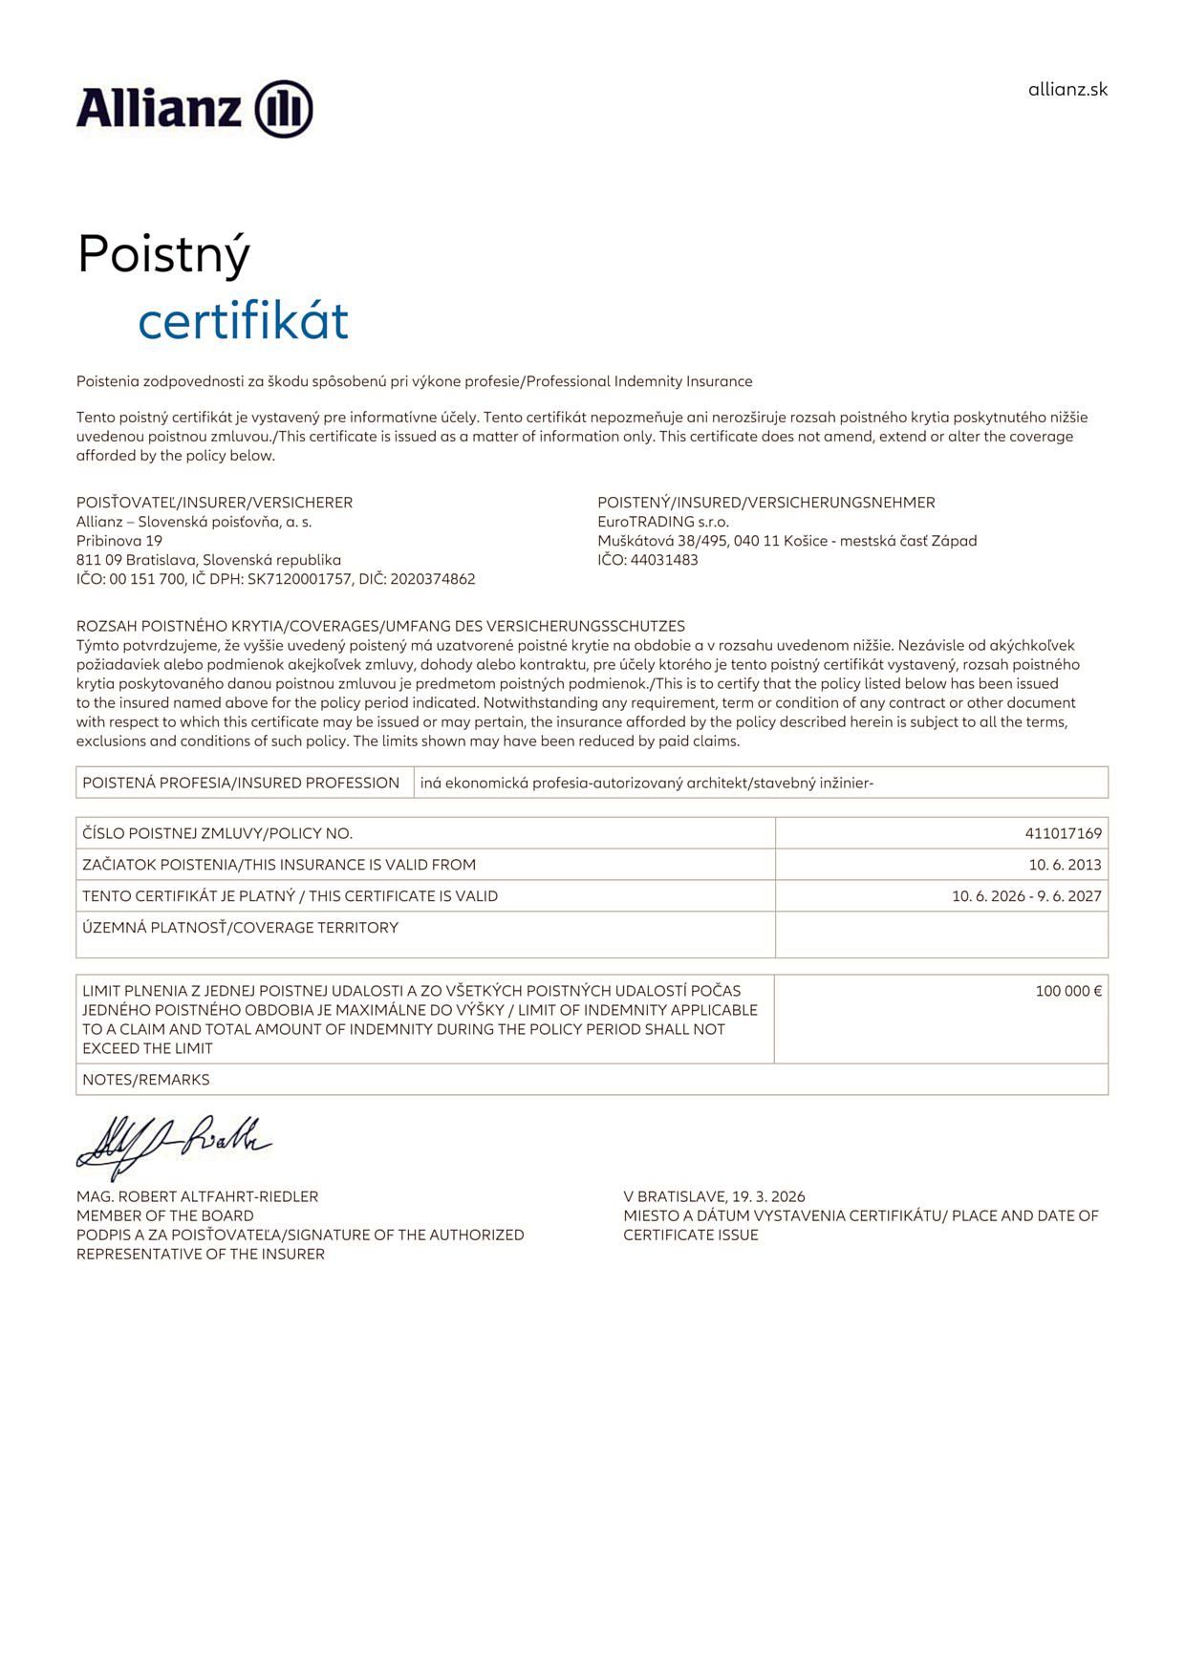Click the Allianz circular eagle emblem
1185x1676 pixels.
pos(284,109)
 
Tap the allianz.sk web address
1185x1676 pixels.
pos(1067,90)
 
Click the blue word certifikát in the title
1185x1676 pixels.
pos(243,321)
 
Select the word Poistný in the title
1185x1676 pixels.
pos(163,254)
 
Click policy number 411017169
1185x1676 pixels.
pos(1063,833)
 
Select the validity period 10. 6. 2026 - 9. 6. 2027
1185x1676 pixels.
pos(1026,896)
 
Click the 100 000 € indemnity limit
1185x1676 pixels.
pos(1068,991)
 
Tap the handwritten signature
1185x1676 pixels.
pos(172,1144)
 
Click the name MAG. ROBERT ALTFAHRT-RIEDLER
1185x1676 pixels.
pos(197,1196)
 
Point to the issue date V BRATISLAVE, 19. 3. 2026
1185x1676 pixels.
pos(714,1196)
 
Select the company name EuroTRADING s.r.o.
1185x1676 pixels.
pos(663,522)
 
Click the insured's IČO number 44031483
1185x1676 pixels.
pos(664,560)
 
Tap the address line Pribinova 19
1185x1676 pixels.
pos(119,541)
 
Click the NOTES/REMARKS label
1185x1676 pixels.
pos(145,1080)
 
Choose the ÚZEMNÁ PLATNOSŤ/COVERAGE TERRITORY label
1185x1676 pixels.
pos(240,928)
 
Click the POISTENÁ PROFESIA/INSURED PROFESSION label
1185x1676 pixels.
pos(241,783)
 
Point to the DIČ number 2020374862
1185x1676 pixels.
pos(433,579)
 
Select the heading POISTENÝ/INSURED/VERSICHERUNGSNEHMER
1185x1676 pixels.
pos(765,503)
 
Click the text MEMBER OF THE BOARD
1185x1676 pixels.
pos(165,1215)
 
